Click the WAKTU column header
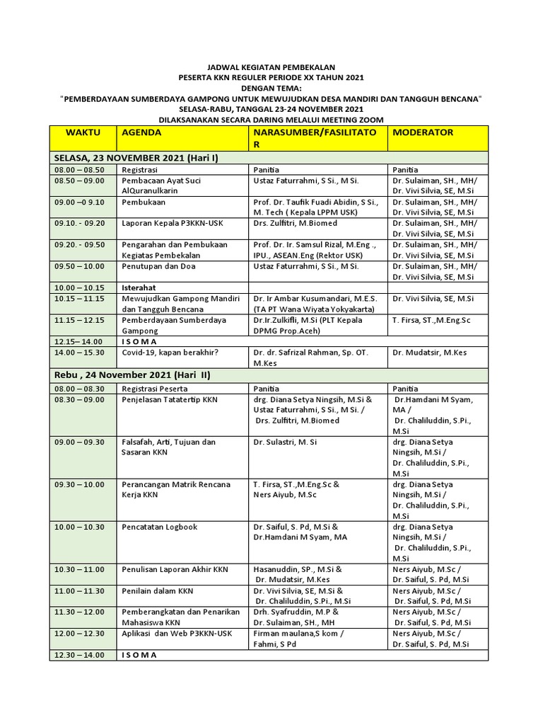tap(82, 132)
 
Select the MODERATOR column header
tap(423, 132)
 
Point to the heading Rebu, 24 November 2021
tap(132, 375)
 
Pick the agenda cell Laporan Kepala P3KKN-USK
tap(173, 222)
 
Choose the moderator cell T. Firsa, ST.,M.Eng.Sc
tap(431, 320)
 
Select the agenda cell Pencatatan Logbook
tap(159, 527)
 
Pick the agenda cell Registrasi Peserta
tap(154, 389)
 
